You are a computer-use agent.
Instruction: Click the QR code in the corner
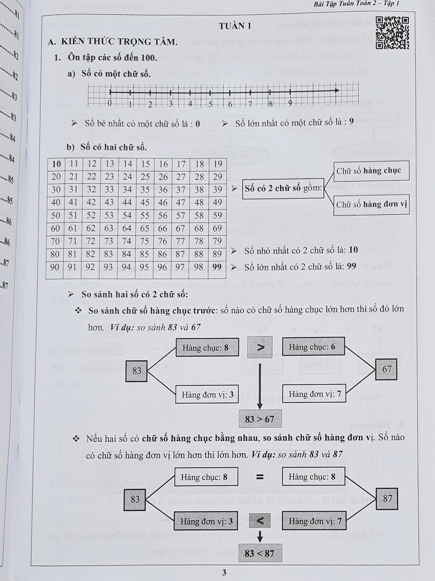click(x=392, y=33)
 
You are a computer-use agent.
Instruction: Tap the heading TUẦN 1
click(x=235, y=26)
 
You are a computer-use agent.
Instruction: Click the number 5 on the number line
click(x=210, y=104)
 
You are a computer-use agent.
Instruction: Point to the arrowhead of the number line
click(x=337, y=91)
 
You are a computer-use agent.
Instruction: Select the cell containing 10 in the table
click(x=56, y=164)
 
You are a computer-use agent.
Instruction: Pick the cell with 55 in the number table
click(x=145, y=216)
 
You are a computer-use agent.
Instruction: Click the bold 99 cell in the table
click(x=217, y=267)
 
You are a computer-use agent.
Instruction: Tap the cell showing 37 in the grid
click(x=181, y=190)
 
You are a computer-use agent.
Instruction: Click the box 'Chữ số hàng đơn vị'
click(x=371, y=205)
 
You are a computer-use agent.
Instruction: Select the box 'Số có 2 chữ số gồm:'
click(x=283, y=189)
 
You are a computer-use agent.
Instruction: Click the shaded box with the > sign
click(x=260, y=347)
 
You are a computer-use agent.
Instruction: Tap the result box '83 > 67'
click(x=260, y=419)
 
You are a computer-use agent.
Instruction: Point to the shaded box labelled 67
click(x=386, y=369)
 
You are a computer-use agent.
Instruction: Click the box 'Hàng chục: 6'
click(x=313, y=347)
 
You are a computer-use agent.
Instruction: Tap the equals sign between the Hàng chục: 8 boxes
click(x=260, y=476)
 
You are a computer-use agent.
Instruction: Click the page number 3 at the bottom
click(x=224, y=573)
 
